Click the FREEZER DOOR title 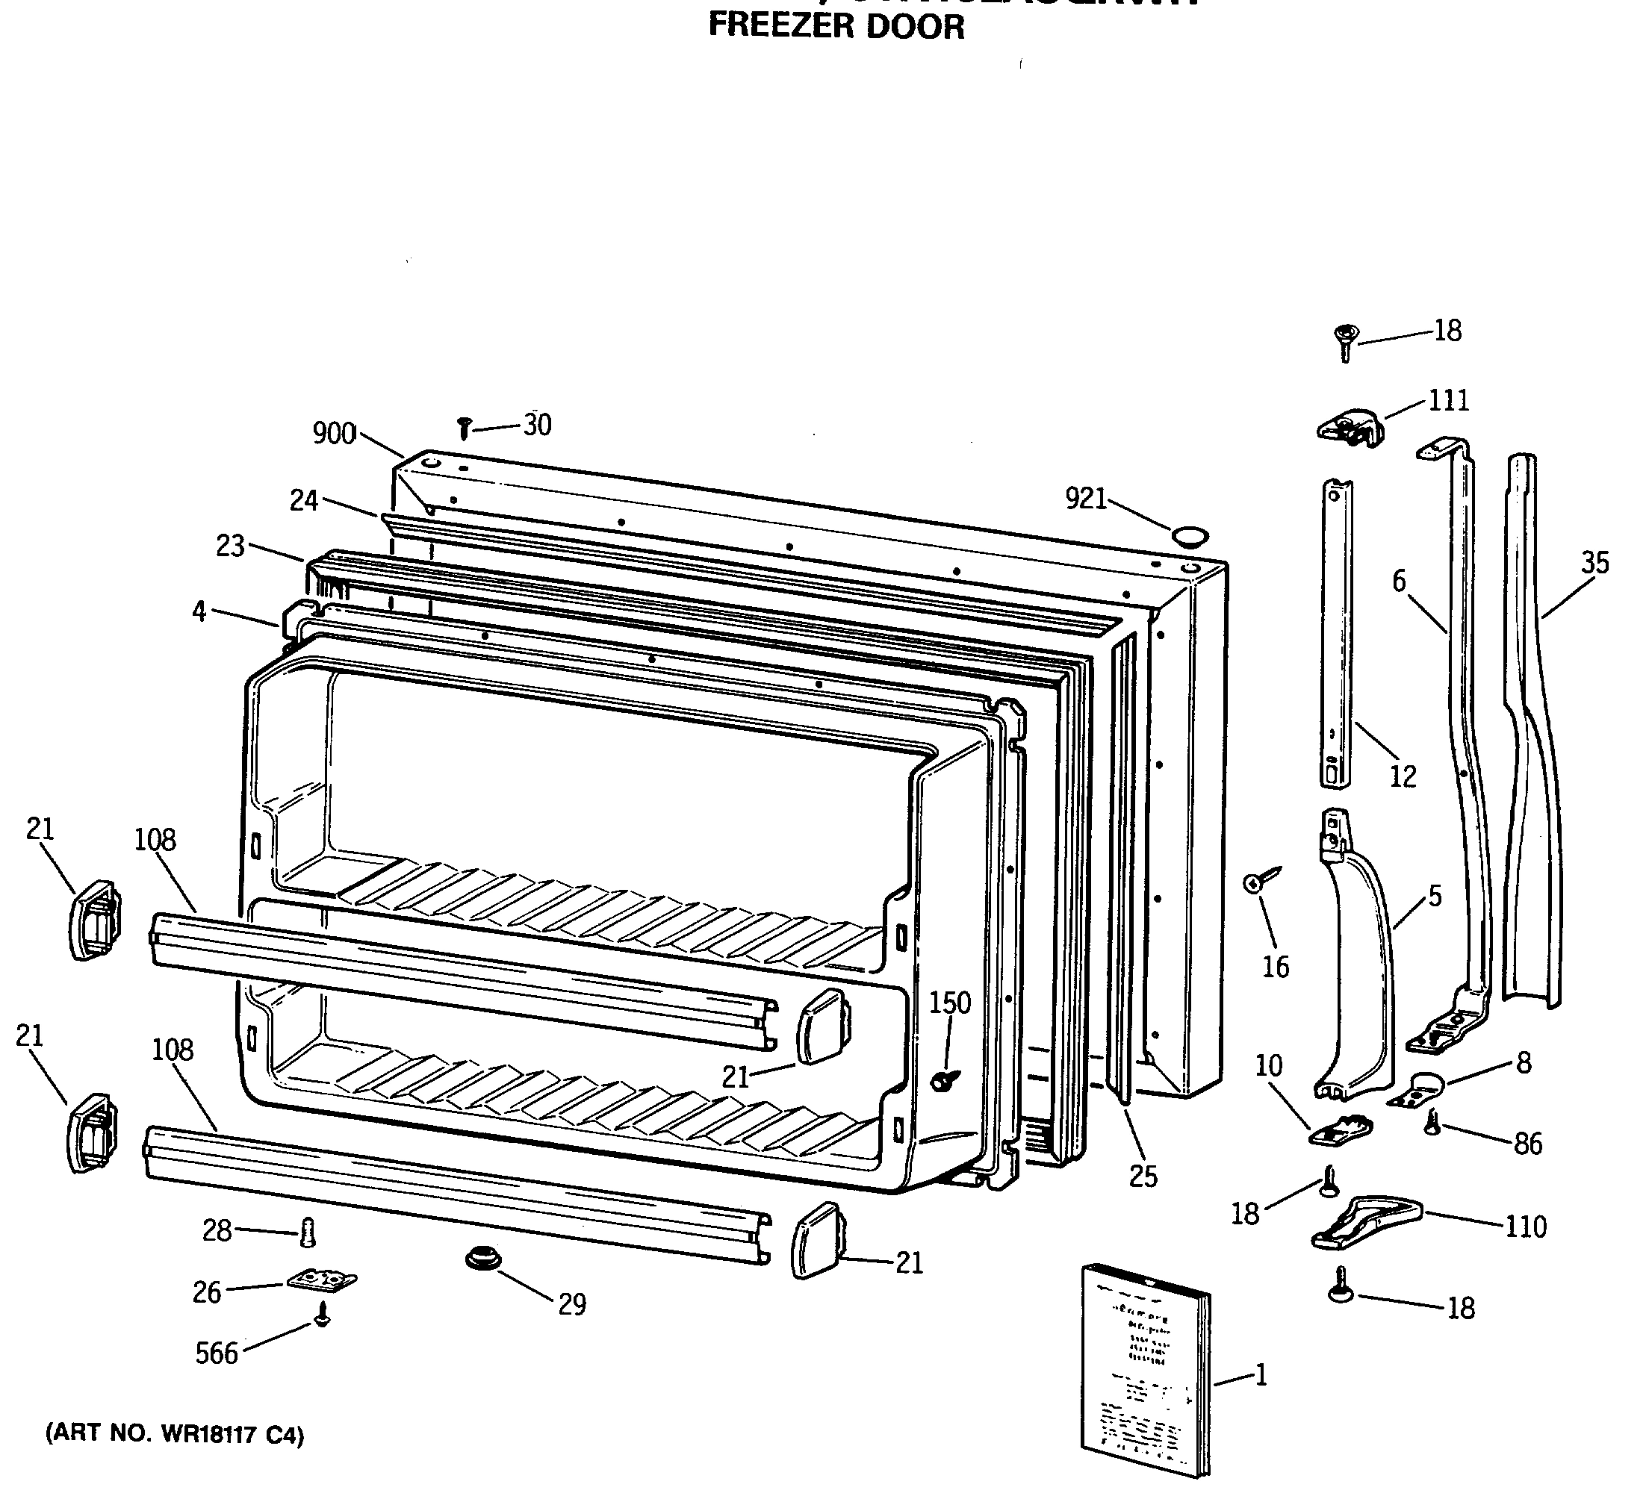pos(836,27)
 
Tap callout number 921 pos(1085,498)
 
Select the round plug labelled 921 pos(1190,537)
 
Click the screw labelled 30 pos(465,428)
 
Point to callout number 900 pos(334,433)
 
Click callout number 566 pos(216,1353)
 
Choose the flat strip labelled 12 pos(1337,634)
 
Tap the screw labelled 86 pos(1432,1121)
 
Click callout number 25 pos(1143,1177)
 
